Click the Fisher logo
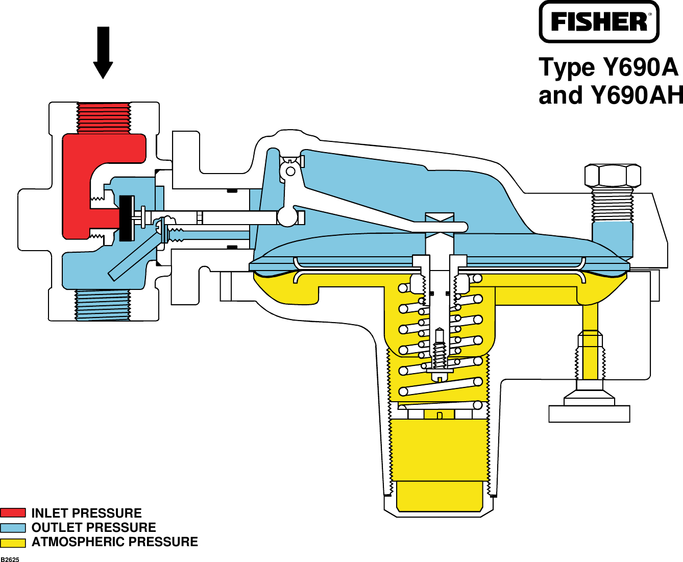[599, 22]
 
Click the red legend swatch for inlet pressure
[13, 513]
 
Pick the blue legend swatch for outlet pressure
[13, 528]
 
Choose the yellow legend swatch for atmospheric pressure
[13, 543]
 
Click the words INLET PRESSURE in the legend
[86, 513]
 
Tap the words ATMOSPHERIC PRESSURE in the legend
[114, 542]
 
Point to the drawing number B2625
[10, 559]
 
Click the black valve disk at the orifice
[126, 218]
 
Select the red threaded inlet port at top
[104, 117]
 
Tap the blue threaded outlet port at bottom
[103, 305]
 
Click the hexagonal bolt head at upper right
[612, 176]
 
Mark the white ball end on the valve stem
[287, 216]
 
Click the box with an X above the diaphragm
[440, 225]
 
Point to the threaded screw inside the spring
[440, 352]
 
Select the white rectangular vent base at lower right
[589, 413]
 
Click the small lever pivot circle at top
[290, 171]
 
